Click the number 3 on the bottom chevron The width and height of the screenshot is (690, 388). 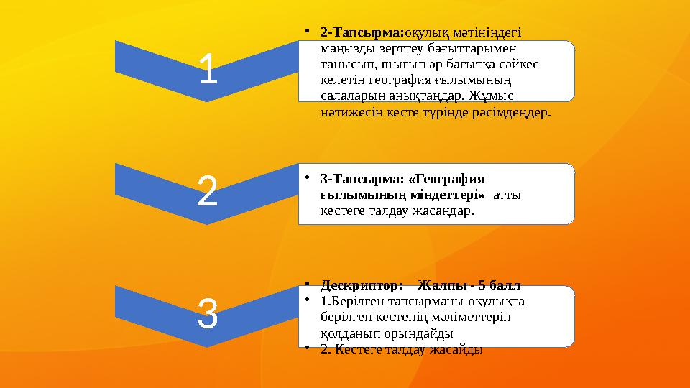click(207, 317)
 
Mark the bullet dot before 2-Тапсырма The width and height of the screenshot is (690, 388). click(307, 32)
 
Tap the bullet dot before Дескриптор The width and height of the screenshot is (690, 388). click(307, 282)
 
